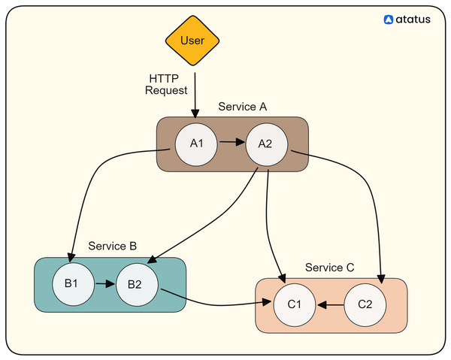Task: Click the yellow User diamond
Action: coord(192,41)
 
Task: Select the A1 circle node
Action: coord(196,144)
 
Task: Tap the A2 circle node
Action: coord(266,144)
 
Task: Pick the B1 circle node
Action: coord(74,284)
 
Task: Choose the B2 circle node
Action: coord(137,285)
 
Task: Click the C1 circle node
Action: coord(295,305)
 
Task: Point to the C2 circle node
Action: coord(365,305)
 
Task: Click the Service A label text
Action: coord(243,107)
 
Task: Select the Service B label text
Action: coord(113,246)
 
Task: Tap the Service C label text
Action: coord(330,268)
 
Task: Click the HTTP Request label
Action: coord(166,84)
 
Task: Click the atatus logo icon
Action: coord(389,20)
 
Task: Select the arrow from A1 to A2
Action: coord(232,142)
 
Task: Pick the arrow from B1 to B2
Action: coord(105,284)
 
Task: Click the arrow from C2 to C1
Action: coord(331,305)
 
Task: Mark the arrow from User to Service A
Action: coord(195,95)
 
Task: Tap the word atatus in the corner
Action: coord(413,20)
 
